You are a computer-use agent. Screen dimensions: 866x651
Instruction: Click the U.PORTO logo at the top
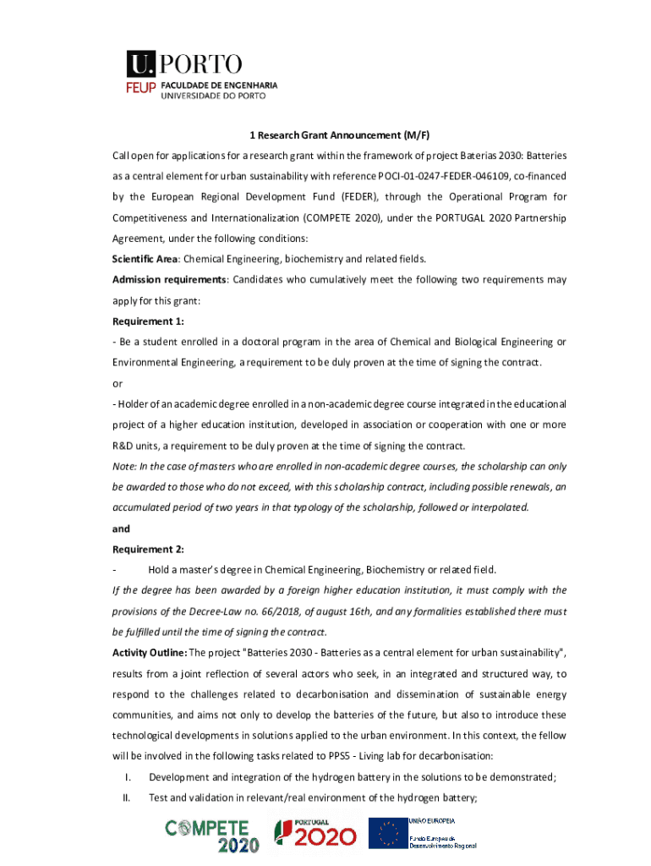point(184,63)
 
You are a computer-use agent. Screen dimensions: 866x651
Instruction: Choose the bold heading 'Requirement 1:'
point(148,321)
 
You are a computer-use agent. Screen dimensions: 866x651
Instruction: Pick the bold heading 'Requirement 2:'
point(148,549)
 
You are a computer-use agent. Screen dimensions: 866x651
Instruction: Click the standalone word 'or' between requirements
point(118,383)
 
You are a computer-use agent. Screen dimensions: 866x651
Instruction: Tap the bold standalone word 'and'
point(121,529)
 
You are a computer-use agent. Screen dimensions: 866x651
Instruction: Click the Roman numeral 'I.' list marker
point(127,777)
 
